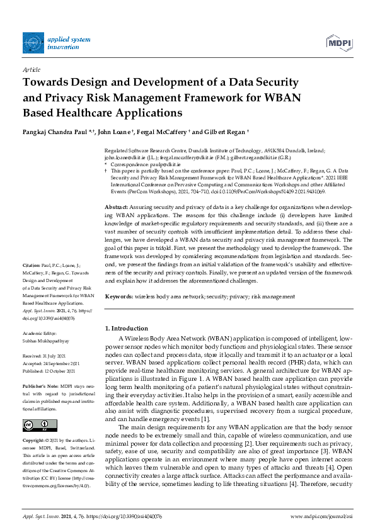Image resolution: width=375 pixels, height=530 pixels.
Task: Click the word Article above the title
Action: tap(31, 69)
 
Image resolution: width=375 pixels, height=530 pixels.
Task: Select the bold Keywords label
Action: tap(118, 296)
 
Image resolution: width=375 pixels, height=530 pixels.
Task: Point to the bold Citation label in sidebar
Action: tap(32, 266)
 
